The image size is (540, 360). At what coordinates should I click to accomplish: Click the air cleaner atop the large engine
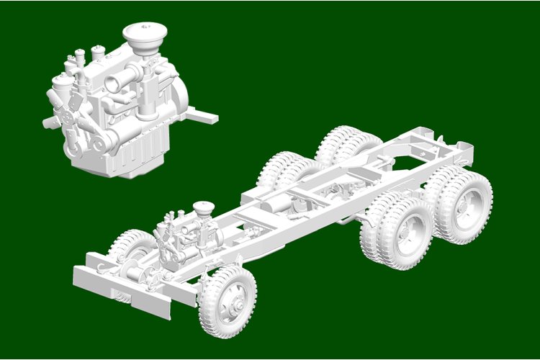point(145,34)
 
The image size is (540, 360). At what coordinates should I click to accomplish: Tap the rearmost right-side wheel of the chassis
point(464,197)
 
